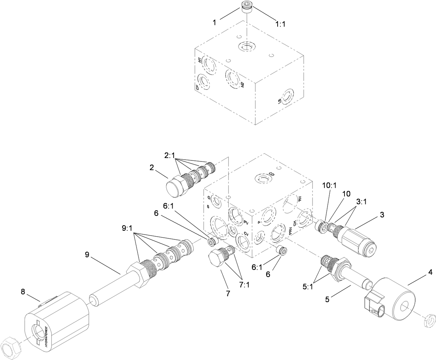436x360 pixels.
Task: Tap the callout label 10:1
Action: (329, 185)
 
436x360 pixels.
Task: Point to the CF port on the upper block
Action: (203, 82)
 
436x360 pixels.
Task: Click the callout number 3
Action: (382, 215)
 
